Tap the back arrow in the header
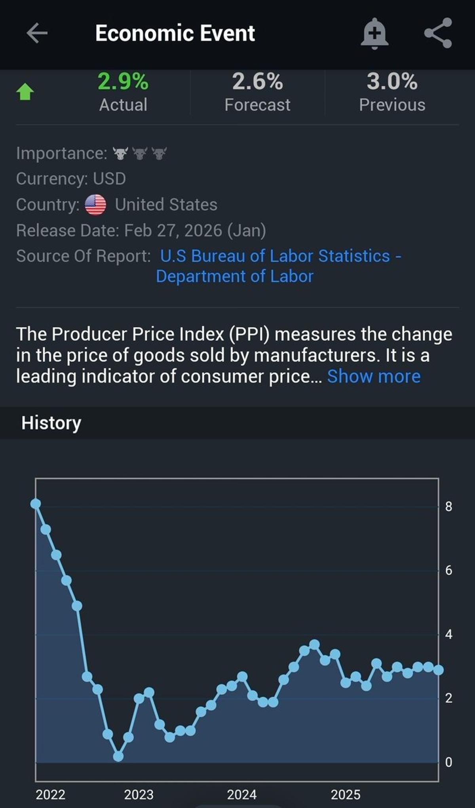37,33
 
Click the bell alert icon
374,33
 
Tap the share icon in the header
438,33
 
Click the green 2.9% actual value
123,82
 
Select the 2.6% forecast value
257,82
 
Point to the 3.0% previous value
392,82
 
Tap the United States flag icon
95,205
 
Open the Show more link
374,376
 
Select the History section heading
51,423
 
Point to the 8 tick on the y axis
448,506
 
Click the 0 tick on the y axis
448,762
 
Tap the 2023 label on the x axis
139,795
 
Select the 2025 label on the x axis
346,795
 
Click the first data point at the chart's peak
36,504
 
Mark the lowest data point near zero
118,757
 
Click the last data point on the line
438,670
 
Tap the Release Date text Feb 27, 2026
173,230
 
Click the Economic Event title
175,33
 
